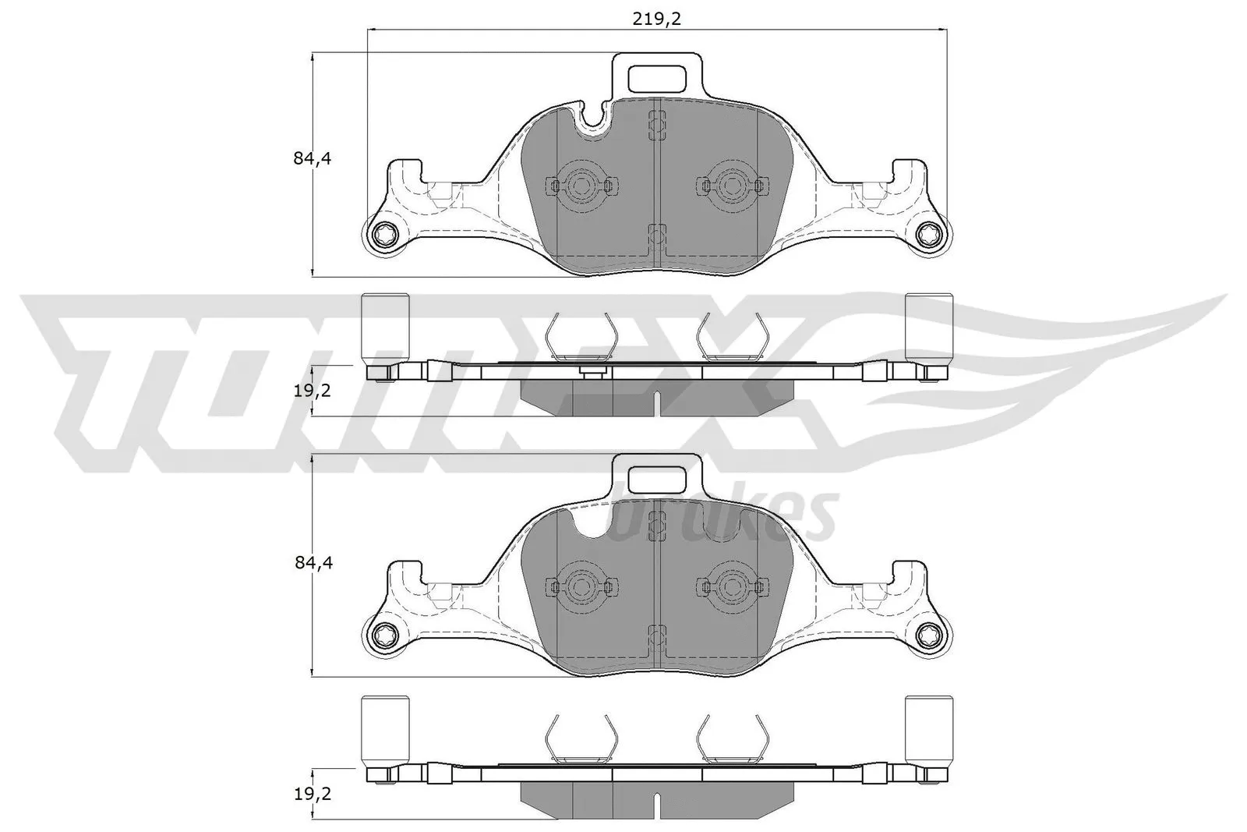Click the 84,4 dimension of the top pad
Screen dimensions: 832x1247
(313, 159)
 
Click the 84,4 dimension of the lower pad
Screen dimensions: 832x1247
(313, 563)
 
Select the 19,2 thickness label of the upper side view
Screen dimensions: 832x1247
(313, 390)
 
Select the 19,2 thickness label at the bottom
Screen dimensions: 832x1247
(313, 794)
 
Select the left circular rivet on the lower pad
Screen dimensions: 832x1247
(581, 586)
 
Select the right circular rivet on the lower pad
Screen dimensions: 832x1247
(730, 586)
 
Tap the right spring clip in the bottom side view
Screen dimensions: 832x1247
(731, 740)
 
